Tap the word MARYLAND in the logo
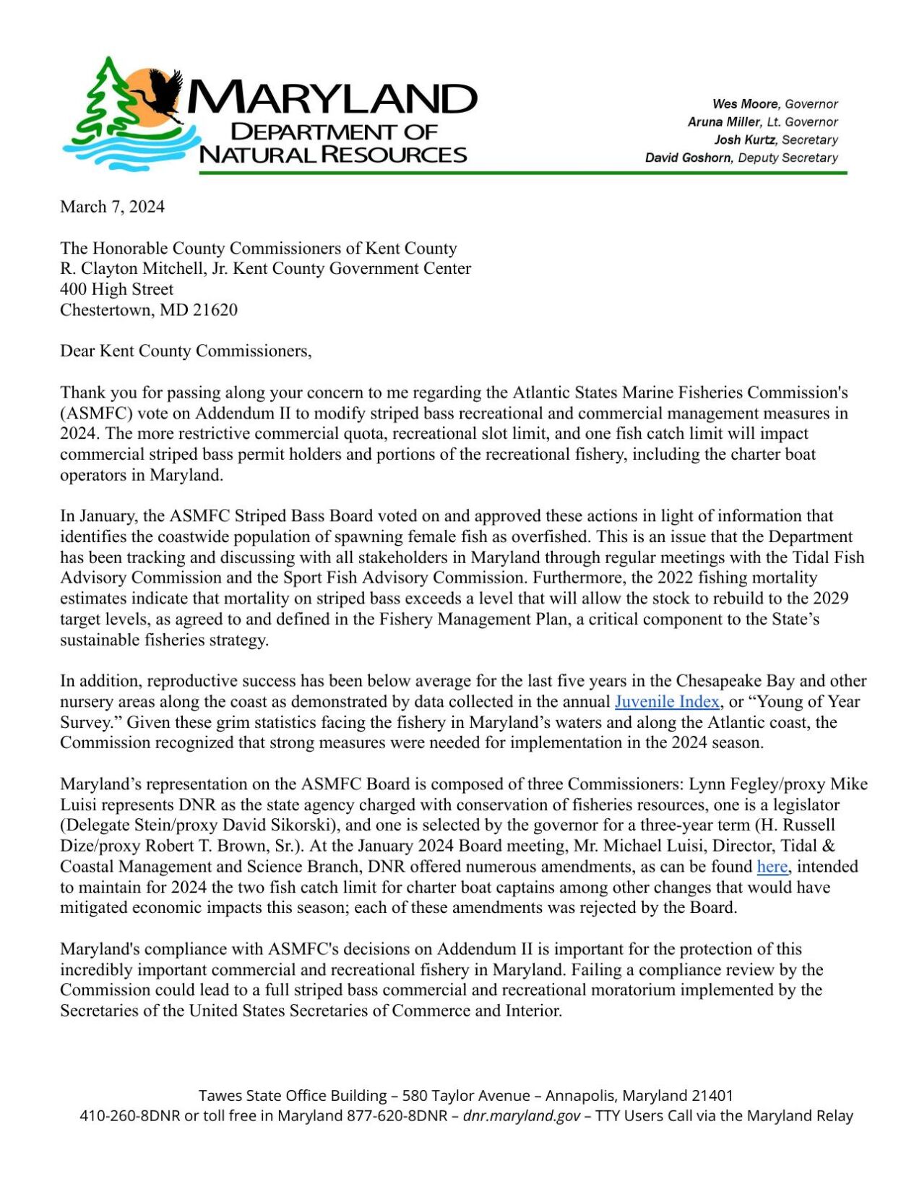(332, 98)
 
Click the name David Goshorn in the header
(687, 158)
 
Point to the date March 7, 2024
(112, 207)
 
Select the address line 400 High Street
(116, 289)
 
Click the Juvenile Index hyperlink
(666, 701)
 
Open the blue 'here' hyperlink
(772, 866)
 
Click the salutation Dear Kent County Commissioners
(185, 351)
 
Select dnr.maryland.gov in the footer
(521, 1115)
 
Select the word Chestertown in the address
(105, 310)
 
